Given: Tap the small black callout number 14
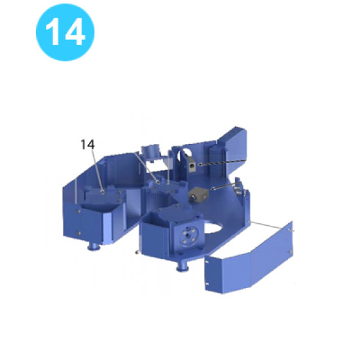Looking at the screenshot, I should click(88, 144).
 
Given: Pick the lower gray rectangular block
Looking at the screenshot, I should click(198, 194).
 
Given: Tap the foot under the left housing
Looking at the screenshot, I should click(94, 246).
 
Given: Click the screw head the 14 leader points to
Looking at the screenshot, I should click(103, 192).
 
